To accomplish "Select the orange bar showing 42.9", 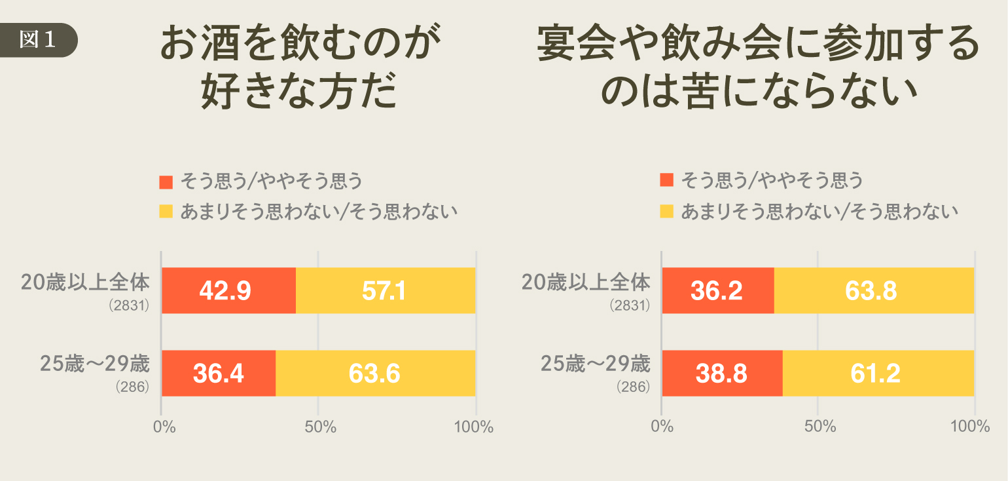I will pos(228,290).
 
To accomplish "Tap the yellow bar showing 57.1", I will pos(385,290).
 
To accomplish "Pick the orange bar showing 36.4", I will pos(219,373).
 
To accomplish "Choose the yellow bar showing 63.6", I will pos(375,373).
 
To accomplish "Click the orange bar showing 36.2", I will pos(718,290).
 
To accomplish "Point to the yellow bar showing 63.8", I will pos(874,290).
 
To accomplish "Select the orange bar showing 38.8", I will pos(722,373).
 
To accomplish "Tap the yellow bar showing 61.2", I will pos(878,373).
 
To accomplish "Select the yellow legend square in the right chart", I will pos(667,211).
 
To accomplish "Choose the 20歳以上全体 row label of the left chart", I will pos(86,282).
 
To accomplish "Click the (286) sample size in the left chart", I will pos(133,387).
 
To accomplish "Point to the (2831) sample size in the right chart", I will pos(630,305).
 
